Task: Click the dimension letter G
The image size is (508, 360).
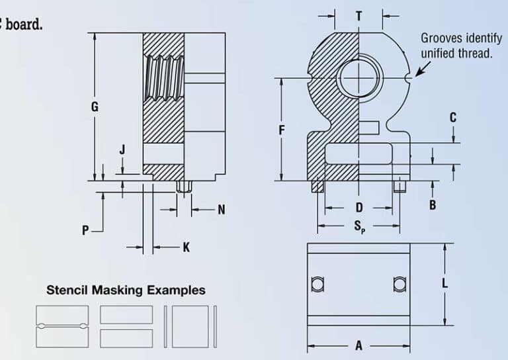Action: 95,107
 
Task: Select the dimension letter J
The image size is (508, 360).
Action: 122,150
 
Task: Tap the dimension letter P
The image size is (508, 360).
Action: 85,230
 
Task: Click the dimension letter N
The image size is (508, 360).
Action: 222,210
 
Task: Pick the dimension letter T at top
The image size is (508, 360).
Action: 359,16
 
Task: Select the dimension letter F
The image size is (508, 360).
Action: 282,130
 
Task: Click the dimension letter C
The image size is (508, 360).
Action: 453,117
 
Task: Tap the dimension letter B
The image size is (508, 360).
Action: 433,205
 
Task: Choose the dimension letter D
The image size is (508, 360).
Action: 359,207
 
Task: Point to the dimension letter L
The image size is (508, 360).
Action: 444,283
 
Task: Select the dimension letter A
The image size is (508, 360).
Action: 359,345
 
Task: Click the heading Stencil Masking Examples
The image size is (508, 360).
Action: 126,290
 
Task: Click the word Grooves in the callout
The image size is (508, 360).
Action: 442,38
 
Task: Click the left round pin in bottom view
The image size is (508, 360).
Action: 317,284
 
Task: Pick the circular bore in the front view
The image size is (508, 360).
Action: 358,79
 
